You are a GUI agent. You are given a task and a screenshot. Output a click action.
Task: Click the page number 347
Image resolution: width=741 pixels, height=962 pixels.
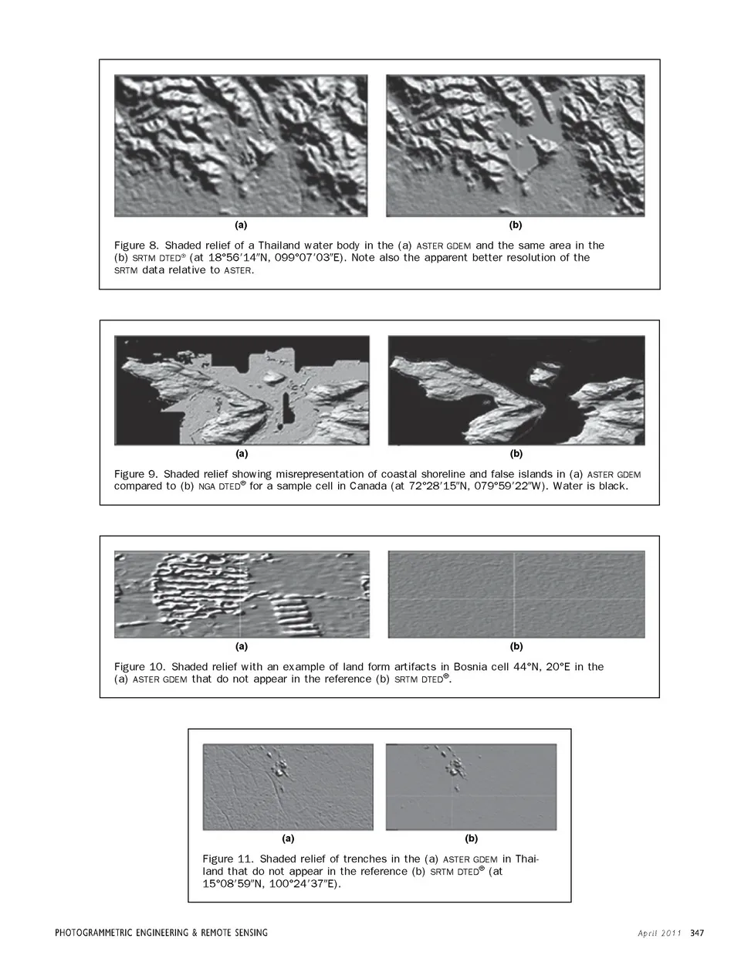(x=697, y=933)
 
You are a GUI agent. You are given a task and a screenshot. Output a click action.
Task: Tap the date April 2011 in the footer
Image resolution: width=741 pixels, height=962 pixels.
(x=659, y=933)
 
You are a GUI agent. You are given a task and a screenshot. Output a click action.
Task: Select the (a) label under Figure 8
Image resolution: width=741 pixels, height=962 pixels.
(x=241, y=225)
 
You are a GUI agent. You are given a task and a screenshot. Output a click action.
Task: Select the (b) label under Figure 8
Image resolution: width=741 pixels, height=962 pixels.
(x=516, y=225)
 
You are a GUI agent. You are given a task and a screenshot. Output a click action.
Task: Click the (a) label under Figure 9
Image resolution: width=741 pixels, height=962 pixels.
(x=242, y=454)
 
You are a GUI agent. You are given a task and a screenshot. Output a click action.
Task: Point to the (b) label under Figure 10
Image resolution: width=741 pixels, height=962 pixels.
(x=516, y=646)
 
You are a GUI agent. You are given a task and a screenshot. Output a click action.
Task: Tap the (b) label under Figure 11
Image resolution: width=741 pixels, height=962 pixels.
(x=471, y=838)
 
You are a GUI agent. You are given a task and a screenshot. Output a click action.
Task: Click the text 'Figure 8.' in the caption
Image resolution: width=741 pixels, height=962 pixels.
(x=136, y=246)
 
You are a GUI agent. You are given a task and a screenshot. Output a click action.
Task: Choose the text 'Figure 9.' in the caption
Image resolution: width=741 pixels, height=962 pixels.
(x=136, y=474)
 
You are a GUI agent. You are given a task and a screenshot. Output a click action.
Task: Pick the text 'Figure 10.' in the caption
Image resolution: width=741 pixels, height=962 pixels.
(x=139, y=666)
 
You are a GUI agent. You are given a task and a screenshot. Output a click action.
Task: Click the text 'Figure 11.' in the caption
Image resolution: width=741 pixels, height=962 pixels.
(x=228, y=859)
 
